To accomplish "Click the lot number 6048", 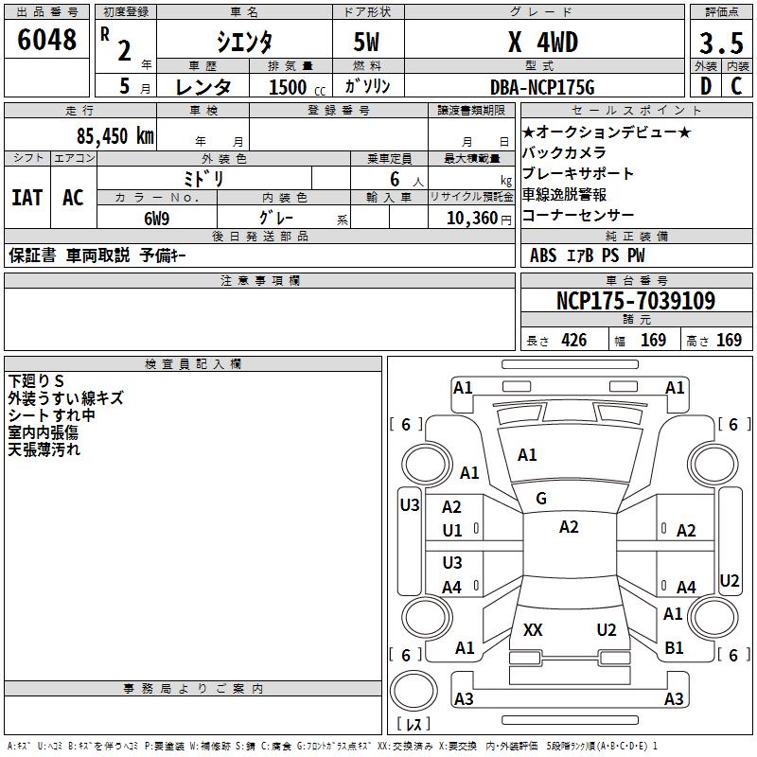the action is point(47,40).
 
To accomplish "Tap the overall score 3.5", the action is point(719,44).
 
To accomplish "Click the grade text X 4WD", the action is point(542,43).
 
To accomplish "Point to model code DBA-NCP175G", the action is point(543,87).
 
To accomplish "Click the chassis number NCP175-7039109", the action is point(635,301).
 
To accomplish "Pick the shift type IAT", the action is point(26,198).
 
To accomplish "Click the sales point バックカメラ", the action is point(564,152).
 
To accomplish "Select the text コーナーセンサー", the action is point(578,216).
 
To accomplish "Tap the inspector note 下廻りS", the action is point(36,381).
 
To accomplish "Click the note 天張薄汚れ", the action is point(44,449).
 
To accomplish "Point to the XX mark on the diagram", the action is point(533,629).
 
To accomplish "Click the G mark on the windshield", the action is point(541,499).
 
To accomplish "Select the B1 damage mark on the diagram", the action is point(674,648).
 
